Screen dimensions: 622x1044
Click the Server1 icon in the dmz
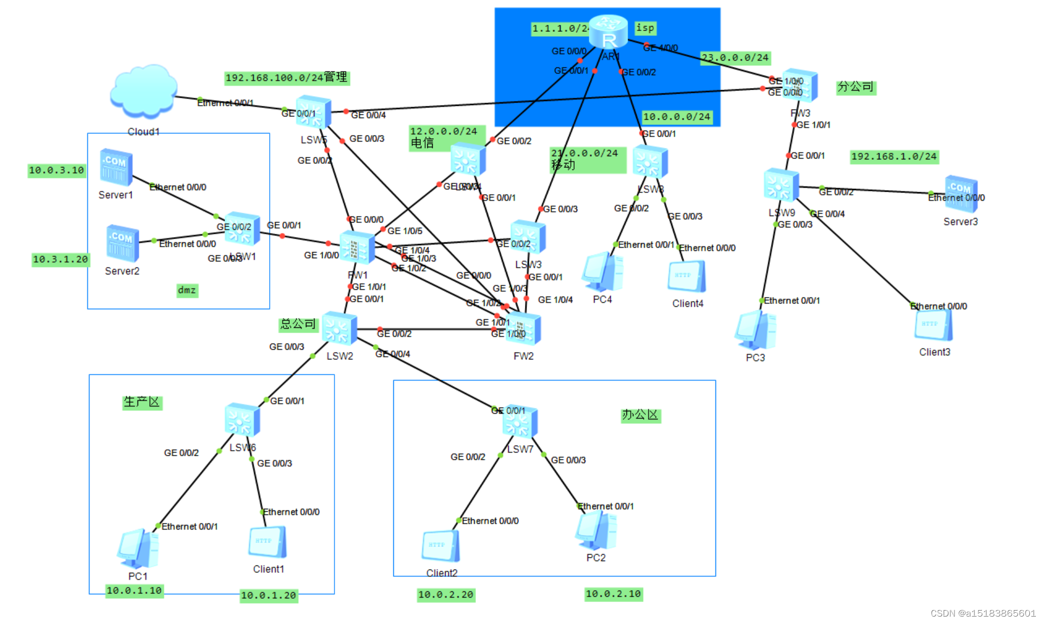point(116,167)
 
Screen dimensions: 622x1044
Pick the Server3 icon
point(961,193)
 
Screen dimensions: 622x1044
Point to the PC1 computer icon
point(138,549)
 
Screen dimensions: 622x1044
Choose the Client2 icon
point(441,545)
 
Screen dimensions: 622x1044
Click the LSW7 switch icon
point(520,422)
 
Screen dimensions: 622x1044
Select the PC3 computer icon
point(755,330)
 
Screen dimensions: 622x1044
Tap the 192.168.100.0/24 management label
point(287,78)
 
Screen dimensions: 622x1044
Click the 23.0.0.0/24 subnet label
point(735,58)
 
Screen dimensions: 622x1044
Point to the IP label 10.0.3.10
point(57,171)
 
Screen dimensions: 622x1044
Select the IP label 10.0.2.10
point(613,594)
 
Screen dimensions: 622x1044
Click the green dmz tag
point(187,290)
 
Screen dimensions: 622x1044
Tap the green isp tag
point(645,28)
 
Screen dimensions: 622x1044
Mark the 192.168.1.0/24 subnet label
point(894,157)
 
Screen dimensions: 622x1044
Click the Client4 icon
point(687,276)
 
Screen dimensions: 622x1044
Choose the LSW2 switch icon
point(339,328)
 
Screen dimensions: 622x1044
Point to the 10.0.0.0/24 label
point(677,117)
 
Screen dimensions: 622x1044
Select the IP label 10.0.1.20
point(269,596)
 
